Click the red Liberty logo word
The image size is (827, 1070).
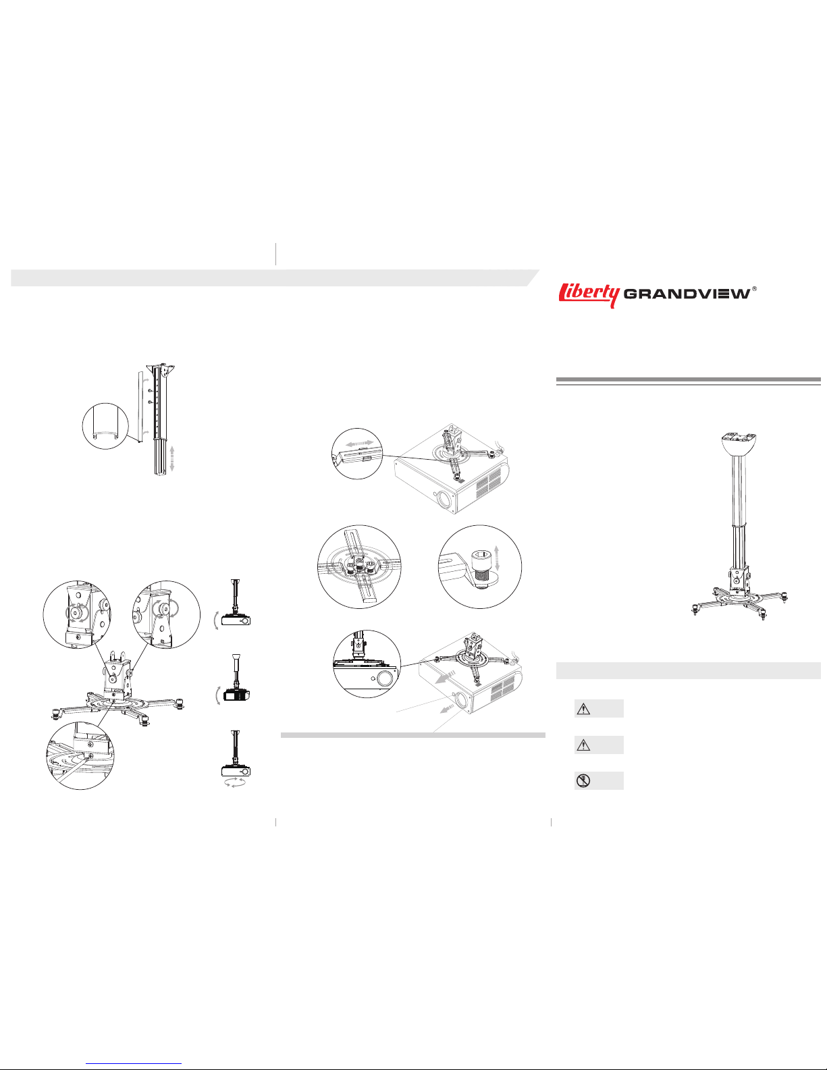589,295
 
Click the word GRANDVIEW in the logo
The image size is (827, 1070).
687,294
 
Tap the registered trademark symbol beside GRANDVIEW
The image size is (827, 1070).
755,289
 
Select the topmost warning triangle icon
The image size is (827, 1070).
583,709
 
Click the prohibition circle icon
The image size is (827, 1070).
583,781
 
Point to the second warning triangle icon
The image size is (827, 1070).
583,745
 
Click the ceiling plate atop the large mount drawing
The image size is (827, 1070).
739,444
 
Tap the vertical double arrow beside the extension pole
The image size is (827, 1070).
171,458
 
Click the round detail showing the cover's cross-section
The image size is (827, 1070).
105,426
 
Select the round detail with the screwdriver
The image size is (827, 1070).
80,755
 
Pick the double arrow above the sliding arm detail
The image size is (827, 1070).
359,443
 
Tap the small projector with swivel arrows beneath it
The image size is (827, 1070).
236,771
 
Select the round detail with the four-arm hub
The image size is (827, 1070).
359,567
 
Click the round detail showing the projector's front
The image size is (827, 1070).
367,664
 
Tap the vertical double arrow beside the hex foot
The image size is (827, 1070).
497,558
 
